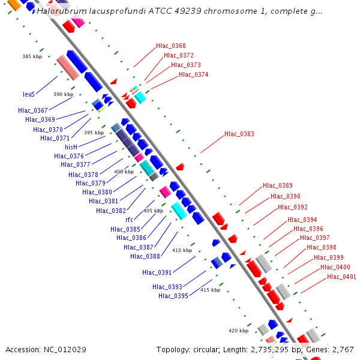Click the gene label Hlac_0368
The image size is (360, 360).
(170, 46)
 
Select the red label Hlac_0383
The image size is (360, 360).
(239, 134)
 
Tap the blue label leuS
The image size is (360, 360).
(29, 94)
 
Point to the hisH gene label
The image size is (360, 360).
(71, 146)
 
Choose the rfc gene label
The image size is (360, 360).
(129, 220)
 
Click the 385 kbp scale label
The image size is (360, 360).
(32, 56)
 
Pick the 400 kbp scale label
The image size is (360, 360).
(124, 172)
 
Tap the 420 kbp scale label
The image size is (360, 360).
(238, 331)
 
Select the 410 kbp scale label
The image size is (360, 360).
(182, 250)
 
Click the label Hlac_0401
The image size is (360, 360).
(341, 277)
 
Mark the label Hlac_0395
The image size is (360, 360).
(173, 296)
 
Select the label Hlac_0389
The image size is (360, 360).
(277, 186)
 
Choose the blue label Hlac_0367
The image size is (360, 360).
(32, 110)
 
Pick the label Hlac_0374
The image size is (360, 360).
(193, 74)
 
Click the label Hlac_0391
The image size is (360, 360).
(157, 272)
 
